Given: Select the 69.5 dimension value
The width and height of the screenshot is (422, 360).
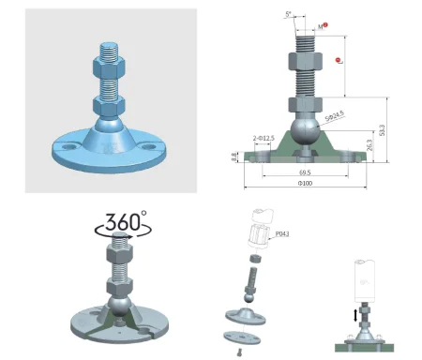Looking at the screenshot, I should coord(306,172).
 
